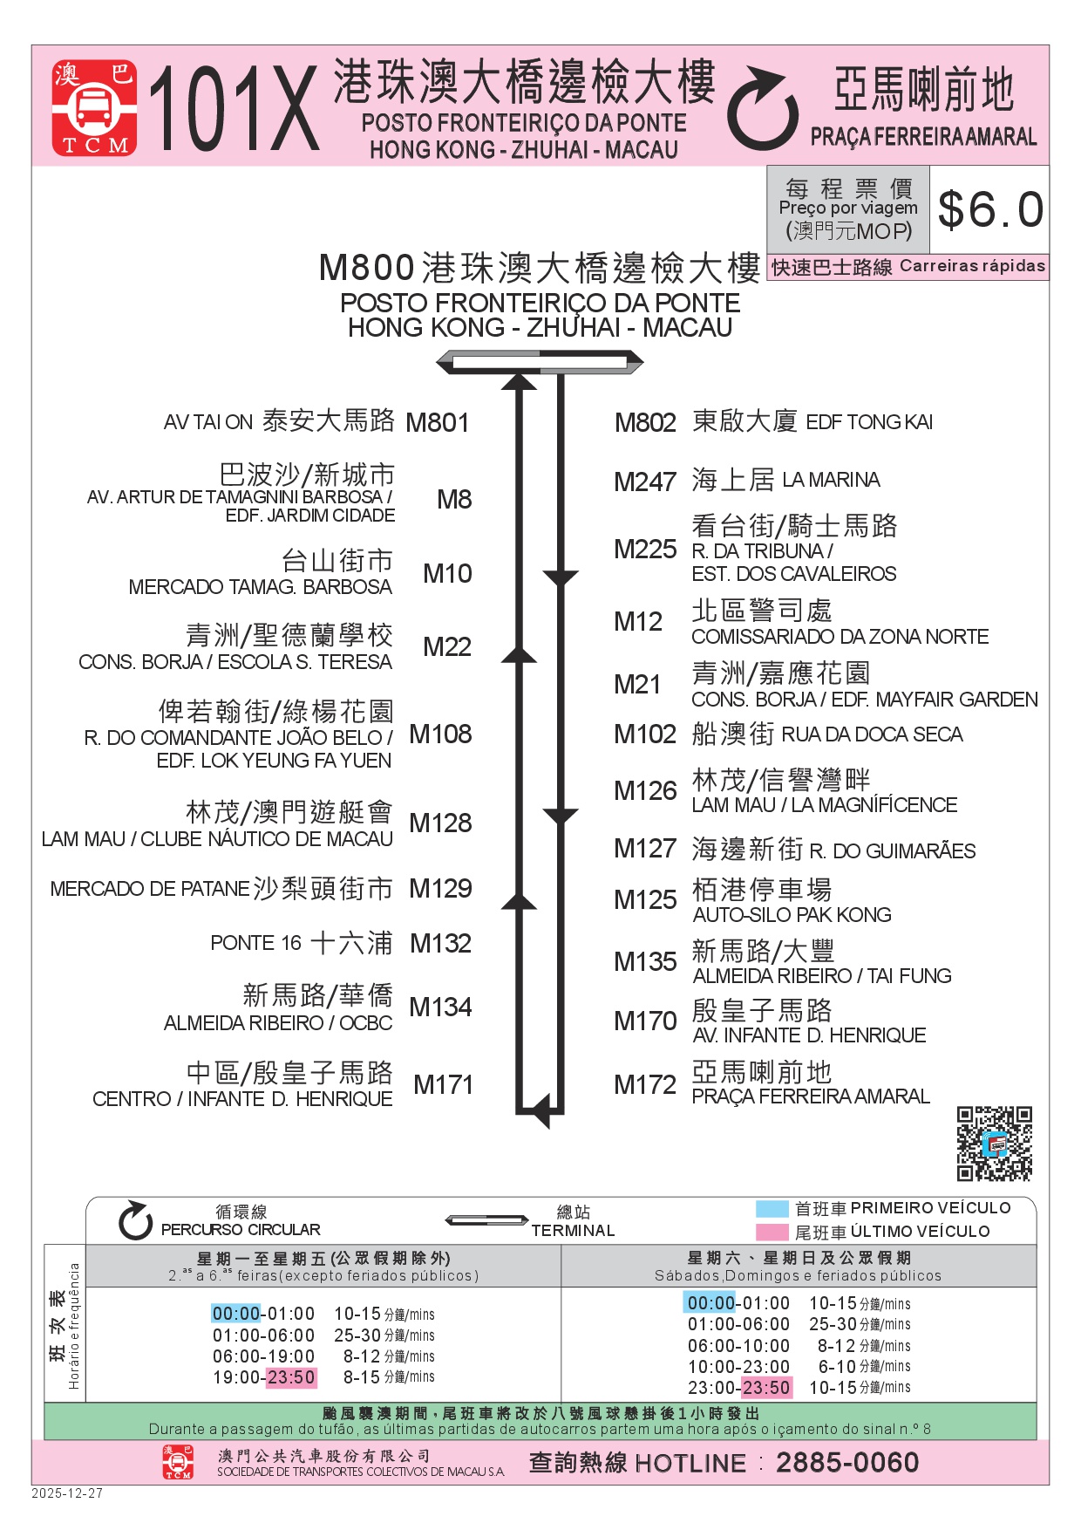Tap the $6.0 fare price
(990, 210)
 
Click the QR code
(994, 1144)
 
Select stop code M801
(438, 423)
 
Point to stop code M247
(645, 482)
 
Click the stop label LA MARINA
(831, 480)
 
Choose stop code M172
(645, 1084)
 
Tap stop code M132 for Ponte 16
(440, 944)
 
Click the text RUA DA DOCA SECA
(872, 734)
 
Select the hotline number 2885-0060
(847, 1463)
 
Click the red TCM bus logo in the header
(94, 108)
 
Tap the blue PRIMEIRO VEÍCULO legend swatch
(772, 1209)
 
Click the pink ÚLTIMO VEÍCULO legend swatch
(772, 1232)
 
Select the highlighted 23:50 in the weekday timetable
(291, 1377)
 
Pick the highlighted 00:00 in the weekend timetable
(711, 1303)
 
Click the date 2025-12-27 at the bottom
(67, 1493)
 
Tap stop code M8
(454, 500)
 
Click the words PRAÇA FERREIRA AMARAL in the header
(924, 137)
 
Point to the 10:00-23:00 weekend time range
(738, 1367)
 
